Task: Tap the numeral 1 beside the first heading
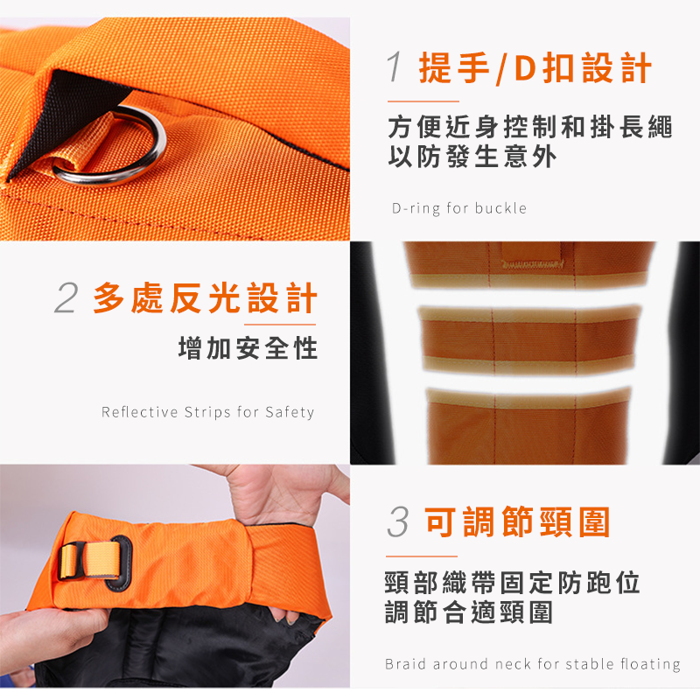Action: coord(395,67)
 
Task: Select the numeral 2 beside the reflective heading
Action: coord(66,298)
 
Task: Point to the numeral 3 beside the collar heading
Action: coord(398,521)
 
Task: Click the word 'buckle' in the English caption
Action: coord(500,208)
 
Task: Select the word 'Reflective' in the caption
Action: coord(139,411)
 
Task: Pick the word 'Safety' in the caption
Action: coord(290,412)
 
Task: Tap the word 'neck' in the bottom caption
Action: coord(513,664)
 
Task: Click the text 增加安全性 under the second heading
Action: coord(248,348)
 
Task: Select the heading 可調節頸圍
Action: coord(518,521)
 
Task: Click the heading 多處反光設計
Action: coord(206,298)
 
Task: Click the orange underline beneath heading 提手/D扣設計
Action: coord(423,101)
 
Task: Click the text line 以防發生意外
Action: coord(472,157)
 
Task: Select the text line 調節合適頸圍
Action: coord(469,612)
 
